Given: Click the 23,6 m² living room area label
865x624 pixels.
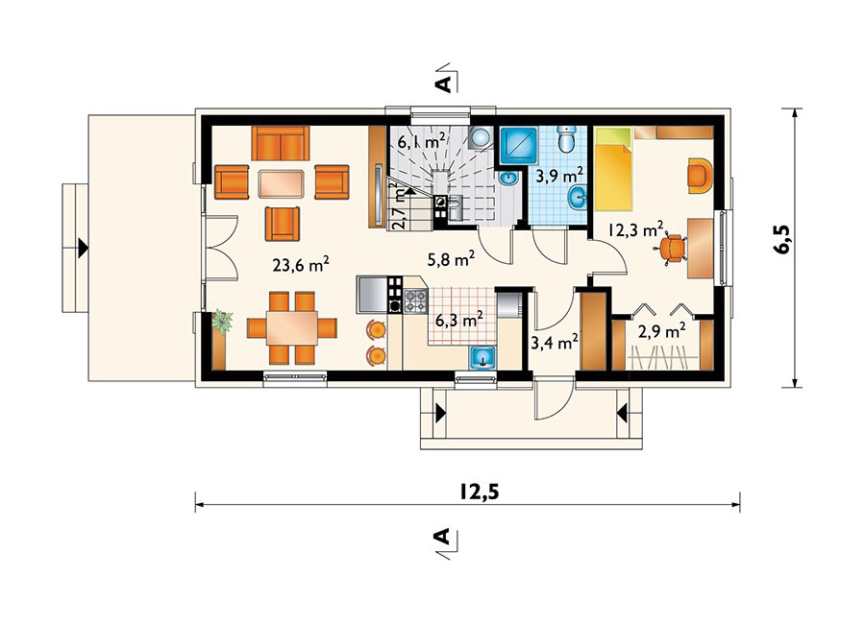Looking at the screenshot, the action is tap(301, 265).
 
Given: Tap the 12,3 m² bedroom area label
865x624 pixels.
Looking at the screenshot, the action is tap(635, 228).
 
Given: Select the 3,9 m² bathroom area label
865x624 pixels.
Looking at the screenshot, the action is tap(560, 177).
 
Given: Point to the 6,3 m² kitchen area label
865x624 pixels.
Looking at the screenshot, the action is tap(459, 319).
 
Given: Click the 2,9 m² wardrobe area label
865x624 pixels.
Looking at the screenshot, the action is tap(662, 331).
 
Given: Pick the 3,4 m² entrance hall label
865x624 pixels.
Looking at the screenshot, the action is tap(554, 343).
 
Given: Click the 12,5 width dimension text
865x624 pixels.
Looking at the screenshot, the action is tap(479, 492).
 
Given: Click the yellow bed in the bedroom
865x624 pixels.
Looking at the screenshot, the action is tap(612, 169).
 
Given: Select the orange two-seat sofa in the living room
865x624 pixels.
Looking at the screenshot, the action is tap(281, 143).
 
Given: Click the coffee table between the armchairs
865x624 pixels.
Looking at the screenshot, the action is tap(281, 183).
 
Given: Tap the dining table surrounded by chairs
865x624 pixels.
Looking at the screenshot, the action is tap(292, 328).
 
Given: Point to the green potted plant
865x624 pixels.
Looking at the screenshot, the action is tap(222, 322).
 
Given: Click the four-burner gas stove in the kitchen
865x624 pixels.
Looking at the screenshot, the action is tap(415, 301).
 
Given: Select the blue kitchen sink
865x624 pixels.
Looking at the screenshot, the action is tap(483, 357).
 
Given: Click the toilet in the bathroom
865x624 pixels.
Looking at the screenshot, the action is tap(566, 139).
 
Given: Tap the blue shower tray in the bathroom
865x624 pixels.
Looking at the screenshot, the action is tap(519, 146).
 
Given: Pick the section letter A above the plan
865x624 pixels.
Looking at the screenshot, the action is tap(443, 84).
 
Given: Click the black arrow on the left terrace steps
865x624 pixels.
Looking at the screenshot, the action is tap(83, 248).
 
